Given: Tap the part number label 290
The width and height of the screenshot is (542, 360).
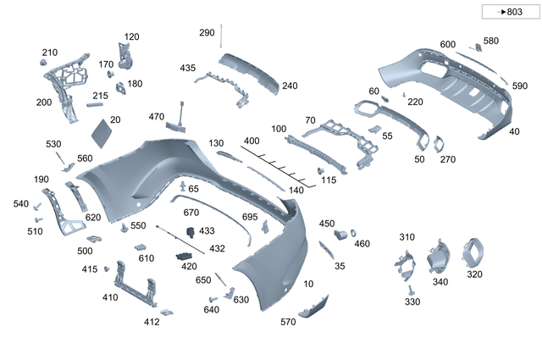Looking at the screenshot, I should pos(207,32).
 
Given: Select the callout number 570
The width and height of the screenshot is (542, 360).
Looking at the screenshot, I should pos(288,322).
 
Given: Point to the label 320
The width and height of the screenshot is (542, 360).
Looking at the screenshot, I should pos(474,274).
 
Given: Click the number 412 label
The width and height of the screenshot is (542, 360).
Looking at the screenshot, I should pos(152,322).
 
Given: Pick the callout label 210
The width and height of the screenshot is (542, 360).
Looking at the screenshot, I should pos(50,52).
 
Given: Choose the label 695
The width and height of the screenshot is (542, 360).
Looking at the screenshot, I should pos(249,218).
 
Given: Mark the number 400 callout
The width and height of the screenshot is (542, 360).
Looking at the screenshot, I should pos(252,141).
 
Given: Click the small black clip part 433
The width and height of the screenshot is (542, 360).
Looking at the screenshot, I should pos(191,231).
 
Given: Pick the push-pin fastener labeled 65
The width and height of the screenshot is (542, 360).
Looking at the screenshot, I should pos(184,186).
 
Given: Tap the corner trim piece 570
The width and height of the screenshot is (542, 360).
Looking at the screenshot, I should pos(314,306).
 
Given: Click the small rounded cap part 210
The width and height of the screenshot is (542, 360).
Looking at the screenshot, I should pos(42,64).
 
